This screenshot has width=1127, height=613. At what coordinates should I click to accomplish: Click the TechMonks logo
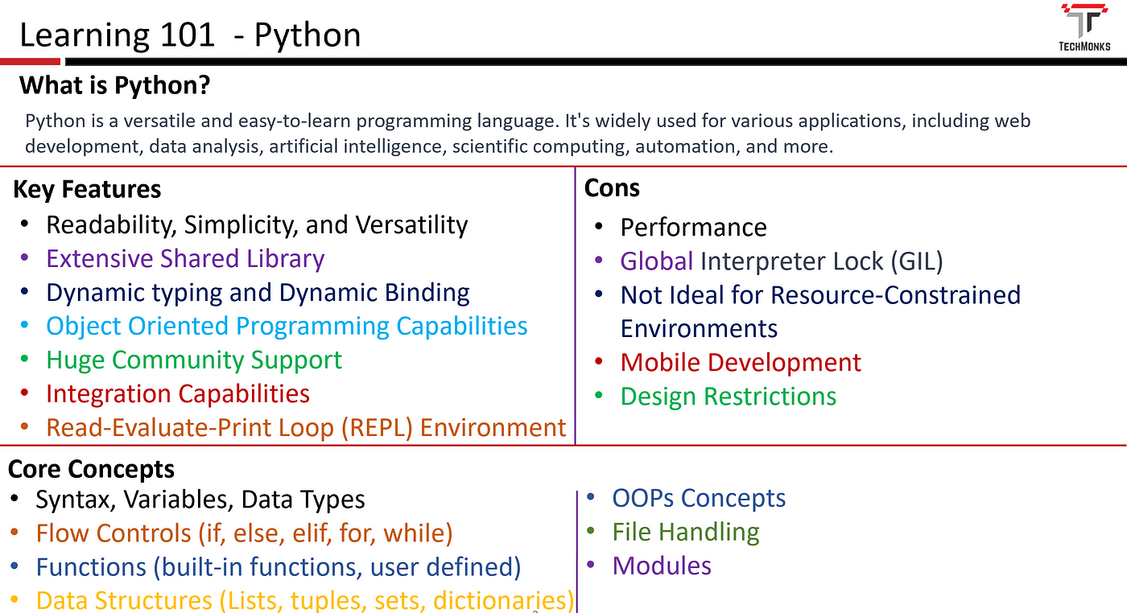click(x=1084, y=27)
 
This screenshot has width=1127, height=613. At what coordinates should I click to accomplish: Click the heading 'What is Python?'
click(x=114, y=85)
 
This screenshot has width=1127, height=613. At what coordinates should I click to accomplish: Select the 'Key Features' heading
click(x=87, y=190)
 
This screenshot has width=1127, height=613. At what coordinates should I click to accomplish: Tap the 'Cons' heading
click(x=612, y=188)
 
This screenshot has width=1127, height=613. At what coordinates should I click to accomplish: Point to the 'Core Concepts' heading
click(x=91, y=469)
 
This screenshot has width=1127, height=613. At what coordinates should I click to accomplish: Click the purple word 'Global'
click(x=657, y=261)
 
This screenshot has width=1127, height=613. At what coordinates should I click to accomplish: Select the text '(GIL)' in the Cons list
click(x=917, y=261)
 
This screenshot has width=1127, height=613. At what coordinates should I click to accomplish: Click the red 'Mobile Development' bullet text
click(x=741, y=362)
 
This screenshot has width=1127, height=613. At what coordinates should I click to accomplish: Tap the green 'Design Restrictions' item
click(x=728, y=397)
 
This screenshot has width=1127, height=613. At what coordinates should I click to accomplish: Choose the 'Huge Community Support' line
click(x=194, y=360)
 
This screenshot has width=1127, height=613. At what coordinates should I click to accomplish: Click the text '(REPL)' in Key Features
click(x=377, y=428)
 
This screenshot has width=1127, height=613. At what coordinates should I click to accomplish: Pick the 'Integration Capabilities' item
click(x=178, y=393)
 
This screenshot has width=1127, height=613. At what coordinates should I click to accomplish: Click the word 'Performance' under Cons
click(x=693, y=228)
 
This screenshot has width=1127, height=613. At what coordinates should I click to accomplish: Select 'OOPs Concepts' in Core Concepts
click(x=699, y=498)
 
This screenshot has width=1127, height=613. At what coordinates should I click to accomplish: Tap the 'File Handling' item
click(x=686, y=532)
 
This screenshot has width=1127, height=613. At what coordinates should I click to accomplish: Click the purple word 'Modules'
click(x=662, y=566)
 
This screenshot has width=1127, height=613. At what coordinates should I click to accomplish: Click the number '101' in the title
click(x=187, y=35)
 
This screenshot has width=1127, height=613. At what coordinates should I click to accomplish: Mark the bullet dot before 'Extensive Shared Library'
click(x=25, y=257)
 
